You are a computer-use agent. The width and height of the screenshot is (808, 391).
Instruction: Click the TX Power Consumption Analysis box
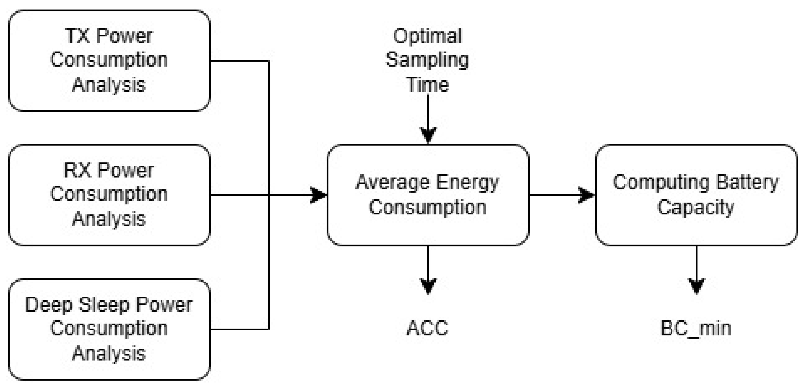click(109, 61)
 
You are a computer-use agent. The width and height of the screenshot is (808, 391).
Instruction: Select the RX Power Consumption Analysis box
click(109, 195)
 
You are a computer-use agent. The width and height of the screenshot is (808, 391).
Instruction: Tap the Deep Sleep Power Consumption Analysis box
click(109, 329)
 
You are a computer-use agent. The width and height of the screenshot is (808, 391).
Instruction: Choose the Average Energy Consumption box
click(428, 195)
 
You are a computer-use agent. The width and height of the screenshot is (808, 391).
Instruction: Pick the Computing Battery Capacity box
click(696, 195)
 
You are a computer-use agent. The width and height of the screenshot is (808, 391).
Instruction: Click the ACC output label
click(428, 328)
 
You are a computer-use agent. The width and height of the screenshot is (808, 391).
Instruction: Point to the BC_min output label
click(696, 328)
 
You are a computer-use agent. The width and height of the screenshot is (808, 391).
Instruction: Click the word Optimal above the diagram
click(428, 36)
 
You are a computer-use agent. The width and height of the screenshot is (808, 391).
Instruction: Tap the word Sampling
click(428, 60)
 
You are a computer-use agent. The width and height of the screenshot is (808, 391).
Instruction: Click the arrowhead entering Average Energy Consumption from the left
click(318, 195)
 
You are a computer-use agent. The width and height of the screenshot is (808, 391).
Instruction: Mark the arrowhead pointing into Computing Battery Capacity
click(586, 195)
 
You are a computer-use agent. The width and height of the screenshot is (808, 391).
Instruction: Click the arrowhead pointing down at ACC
click(428, 285)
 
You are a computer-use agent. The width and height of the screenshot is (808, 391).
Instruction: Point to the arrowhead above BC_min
click(696, 285)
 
